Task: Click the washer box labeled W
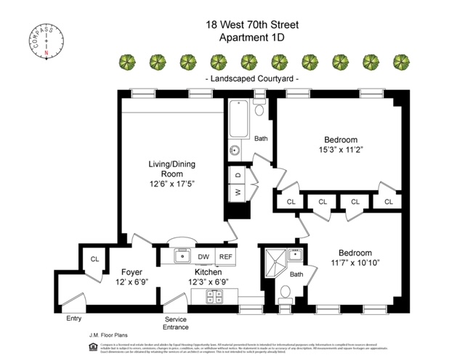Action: click(x=237, y=192)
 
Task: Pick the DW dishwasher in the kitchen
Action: click(x=203, y=256)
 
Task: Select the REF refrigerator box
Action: click(x=225, y=256)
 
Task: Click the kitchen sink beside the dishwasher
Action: click(x=182, y=256)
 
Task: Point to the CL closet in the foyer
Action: click(x=94, y=258)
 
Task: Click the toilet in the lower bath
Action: click(x=286, y=292)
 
